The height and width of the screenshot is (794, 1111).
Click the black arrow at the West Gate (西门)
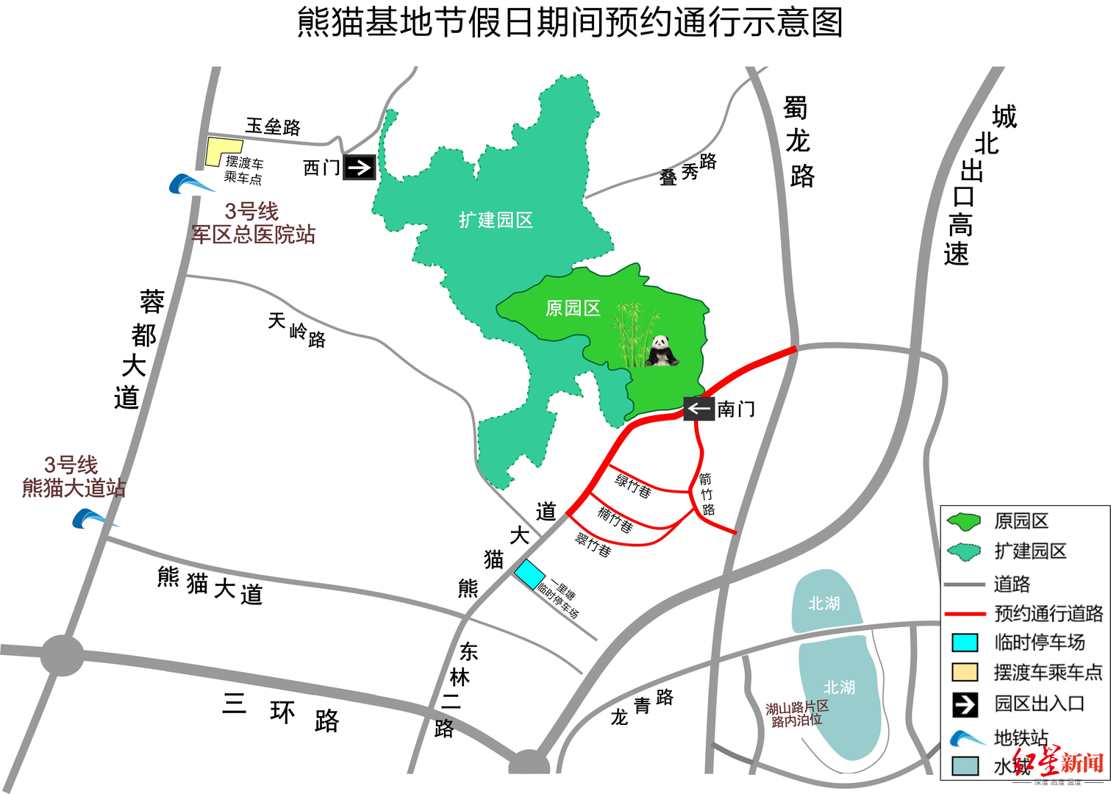pyautogui.click(x=360, y=168)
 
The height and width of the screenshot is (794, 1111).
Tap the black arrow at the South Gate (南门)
pyautogui.click(x=699, y=409)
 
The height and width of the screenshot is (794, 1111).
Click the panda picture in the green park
pyautogui.click(x=662, y=351)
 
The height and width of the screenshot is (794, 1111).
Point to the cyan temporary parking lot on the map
pyautogui.click(x=529, y=574)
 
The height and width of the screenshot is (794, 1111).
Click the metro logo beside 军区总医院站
pyautogui.click(x=190, y=184)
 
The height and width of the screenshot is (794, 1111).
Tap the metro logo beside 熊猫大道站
pyautogui.click(x=91, y=519)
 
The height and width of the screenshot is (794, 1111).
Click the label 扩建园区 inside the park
pyautogui.click(x=495, y=220)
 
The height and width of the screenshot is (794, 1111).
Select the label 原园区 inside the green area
pyautogui.click(x=573, y=308)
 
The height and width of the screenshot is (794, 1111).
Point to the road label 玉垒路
pyautogui.click(x=273, y=126)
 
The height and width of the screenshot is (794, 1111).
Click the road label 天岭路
pyautogui.click(x=296, y=330)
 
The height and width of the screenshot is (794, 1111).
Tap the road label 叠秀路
pyautogui.click(x=688, y=171)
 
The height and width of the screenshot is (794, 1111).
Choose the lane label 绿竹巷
pyautogui.click(x=633, y=486)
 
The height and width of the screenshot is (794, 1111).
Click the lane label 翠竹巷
pyautogui.click(x=593, y=545)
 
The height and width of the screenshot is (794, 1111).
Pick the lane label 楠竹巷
pyautogui.click(x=615, y=520)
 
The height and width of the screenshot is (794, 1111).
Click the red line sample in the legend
pyautogui.click(x=965, y=613)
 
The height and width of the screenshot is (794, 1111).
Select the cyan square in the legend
pyautogui.click(x=965, y=643)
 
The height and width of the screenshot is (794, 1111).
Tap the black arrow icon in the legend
pyautogui.click(x=965, y=704)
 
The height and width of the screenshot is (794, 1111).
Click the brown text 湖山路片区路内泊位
pyautogui.click(x=797, y=714)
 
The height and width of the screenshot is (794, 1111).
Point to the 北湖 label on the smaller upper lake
pyautogui.click(x=824, y=604)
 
